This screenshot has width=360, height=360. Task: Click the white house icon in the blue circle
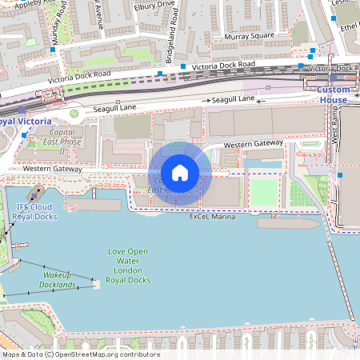180,173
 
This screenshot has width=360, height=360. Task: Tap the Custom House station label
334,94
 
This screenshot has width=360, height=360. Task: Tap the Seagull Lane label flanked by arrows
233,99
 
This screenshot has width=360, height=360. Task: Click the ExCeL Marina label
212,217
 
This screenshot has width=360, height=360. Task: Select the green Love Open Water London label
128,266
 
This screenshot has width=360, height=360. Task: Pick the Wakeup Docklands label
58,279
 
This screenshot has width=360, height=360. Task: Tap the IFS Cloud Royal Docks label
37,211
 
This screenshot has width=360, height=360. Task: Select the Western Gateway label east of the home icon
253,145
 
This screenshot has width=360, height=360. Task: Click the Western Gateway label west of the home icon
52,169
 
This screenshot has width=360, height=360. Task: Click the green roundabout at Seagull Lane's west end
74,113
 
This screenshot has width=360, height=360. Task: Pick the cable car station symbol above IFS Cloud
34,193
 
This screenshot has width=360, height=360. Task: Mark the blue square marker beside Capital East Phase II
25,135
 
